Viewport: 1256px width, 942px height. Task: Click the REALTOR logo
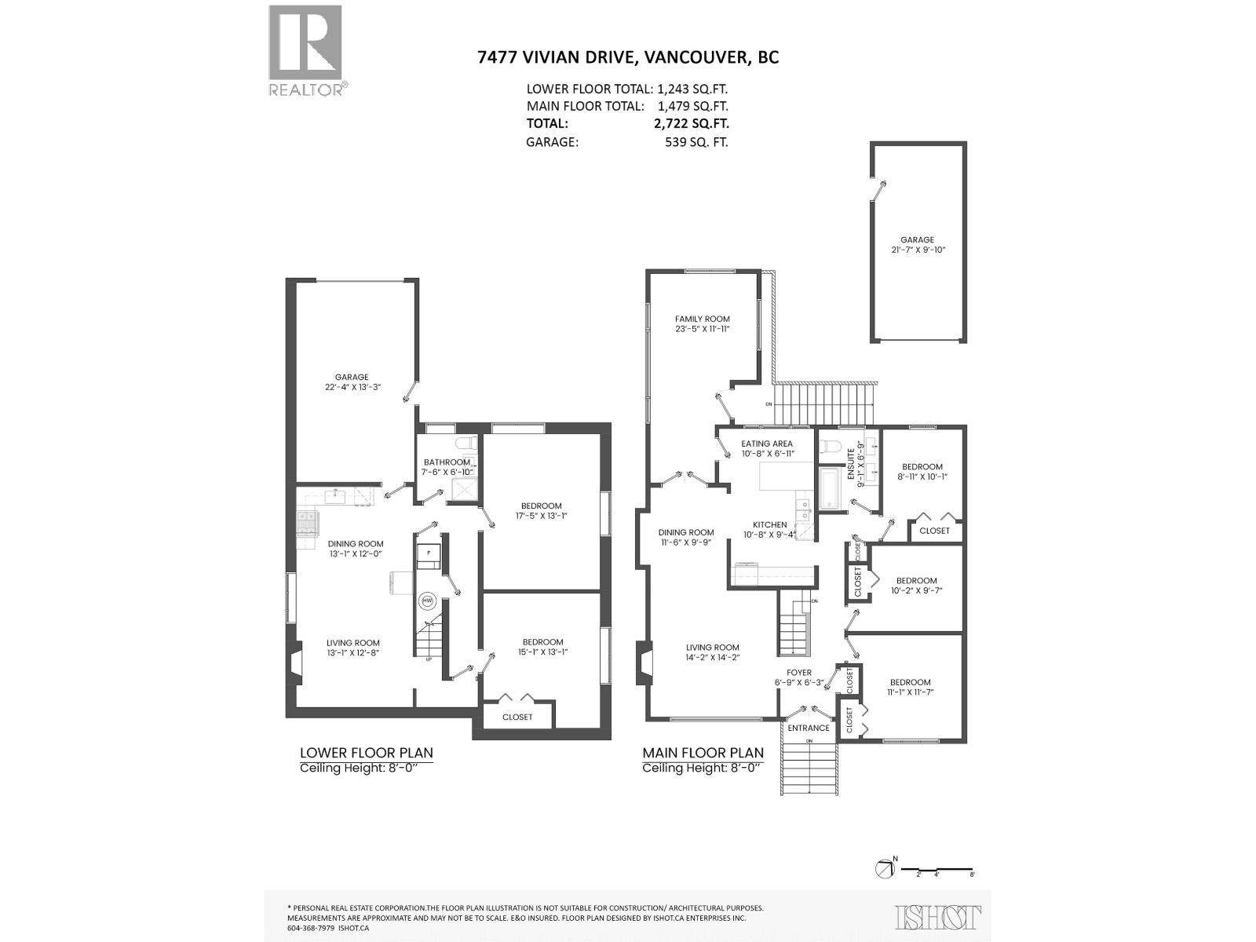[306, 50]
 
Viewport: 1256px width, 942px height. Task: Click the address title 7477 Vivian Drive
[627, 57]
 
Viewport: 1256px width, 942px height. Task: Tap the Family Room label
[702, 319]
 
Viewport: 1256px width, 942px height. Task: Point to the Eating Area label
[766, 444]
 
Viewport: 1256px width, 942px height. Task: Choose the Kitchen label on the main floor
[769, 524]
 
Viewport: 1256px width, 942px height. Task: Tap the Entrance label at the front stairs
[808, 728]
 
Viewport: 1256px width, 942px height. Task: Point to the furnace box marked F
[429, 553]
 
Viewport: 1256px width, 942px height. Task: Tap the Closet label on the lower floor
[517, 717]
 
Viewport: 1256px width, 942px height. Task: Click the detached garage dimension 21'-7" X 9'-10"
[917, 250]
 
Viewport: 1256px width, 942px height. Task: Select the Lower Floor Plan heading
[367, 753]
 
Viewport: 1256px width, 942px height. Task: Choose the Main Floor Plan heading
[703, 753]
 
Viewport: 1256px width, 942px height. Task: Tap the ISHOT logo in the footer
[938, 917]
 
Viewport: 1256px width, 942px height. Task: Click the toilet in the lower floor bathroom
[470, 443]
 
